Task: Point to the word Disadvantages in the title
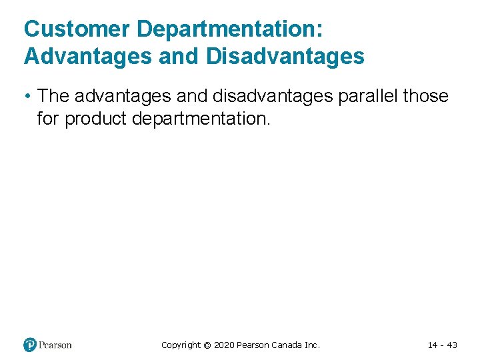click(x=285, y=57)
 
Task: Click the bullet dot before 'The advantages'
click(x=27, y=96)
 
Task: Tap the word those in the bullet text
click(x=427, y=96)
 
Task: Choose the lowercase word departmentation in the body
click(x=204, y=120)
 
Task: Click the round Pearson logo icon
click(x=30, y=345)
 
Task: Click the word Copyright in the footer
click(x=181, y=345)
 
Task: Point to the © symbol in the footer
click(x=207, y=345)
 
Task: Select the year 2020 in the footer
click(x=223, y=345)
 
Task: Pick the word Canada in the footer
click(x=287, y=345)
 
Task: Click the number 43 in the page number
click(x=451, y=345)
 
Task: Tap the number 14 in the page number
click(x=433, y=345)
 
